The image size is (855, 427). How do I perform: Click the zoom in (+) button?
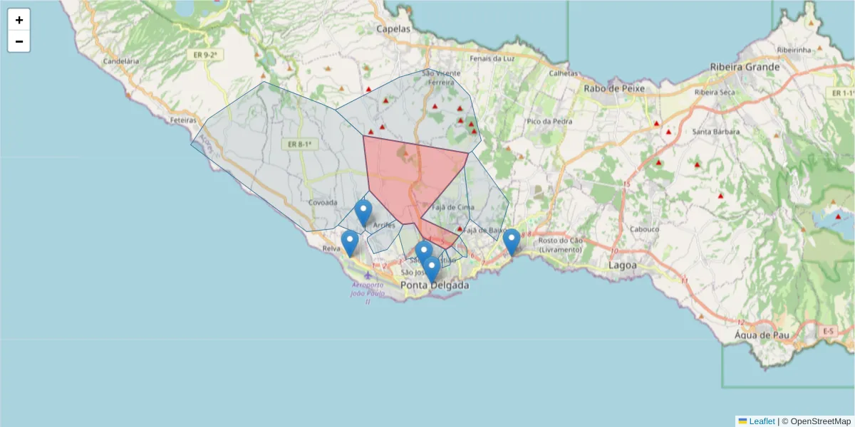click(x=19, y=21)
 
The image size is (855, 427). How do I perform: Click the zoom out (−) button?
click(x=19, y=42)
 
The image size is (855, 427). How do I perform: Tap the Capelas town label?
click(x=394, y=29)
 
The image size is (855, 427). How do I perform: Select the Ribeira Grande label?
click(x=745, y=67)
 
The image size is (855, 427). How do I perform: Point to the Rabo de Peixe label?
click(x=613, y=88)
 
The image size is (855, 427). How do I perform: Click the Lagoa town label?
click(x=623, y=265)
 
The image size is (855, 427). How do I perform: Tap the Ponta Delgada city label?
click(x=435, y=285)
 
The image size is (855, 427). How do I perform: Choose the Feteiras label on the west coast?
click(x=183, y=120)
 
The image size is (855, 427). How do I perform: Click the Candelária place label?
click(x=120, y=61)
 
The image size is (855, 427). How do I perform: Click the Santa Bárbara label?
click(x=716, y=132)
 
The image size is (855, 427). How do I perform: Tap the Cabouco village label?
click(x=645, y=229)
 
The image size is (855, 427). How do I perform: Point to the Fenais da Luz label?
click(x=492, y=58)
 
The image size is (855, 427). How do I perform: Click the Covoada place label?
click(x=323, y=202)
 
